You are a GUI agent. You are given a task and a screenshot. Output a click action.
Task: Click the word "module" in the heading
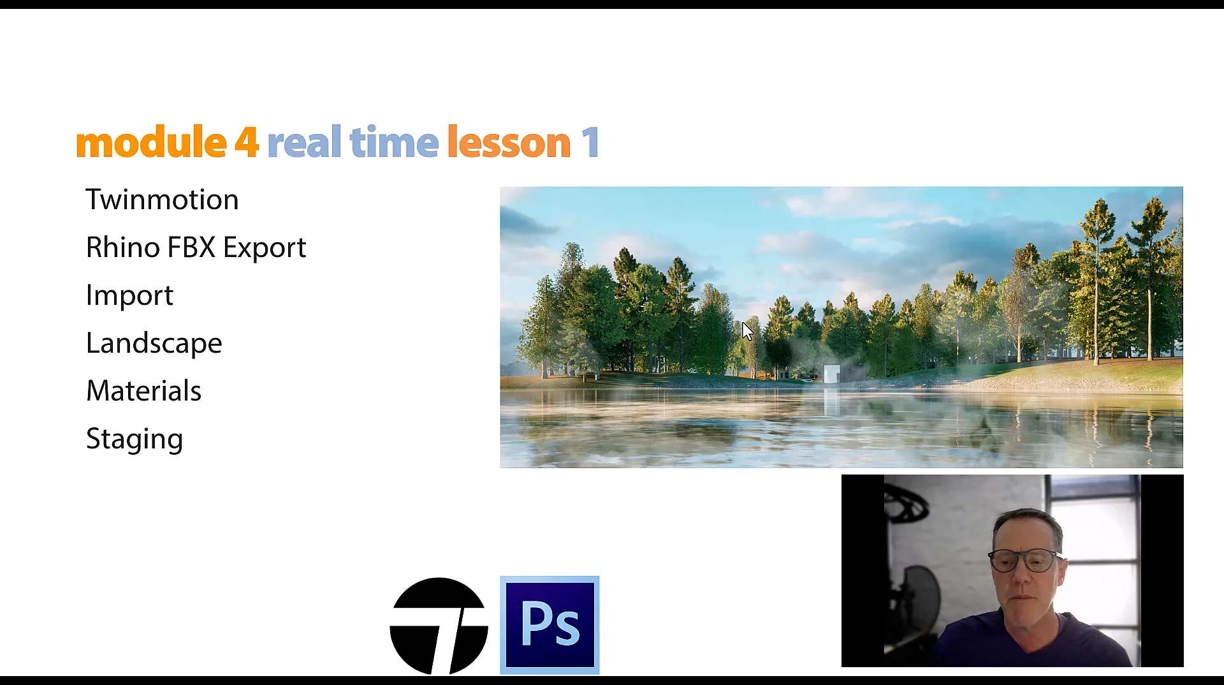pos(150,142)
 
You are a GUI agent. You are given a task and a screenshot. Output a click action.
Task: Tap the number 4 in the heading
pos(246,142)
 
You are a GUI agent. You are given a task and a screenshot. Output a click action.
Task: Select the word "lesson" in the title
pos(509,142)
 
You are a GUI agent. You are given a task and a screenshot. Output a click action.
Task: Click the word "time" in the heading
pos(394,142)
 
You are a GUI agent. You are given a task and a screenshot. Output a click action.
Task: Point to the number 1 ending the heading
pos(590,142)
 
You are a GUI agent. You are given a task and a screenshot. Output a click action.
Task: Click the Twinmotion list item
pos(162,200)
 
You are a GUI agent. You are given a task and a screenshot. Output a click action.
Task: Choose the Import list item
pos(129,295)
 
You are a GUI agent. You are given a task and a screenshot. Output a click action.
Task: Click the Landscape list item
pos(154,344)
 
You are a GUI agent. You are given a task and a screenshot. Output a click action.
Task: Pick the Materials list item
pos(143,391)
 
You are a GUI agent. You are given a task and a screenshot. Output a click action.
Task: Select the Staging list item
pos(135,439)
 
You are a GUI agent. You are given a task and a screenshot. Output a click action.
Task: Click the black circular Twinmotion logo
pos(439,626)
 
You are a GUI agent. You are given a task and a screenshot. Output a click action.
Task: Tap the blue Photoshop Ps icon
pos(550,625)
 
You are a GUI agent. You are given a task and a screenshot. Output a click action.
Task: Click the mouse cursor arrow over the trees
pos(747,331)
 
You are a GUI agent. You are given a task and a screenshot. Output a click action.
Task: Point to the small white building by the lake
pos(831,374)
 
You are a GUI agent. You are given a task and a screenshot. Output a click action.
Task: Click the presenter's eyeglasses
pos(1026,560)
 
